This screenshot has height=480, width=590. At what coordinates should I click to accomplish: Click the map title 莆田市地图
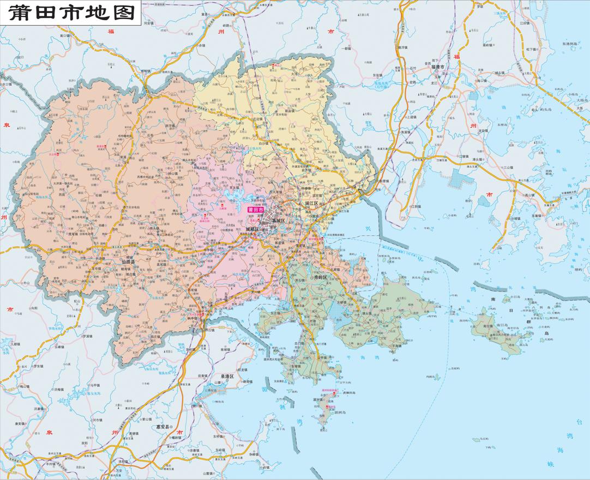(x=71, y=11)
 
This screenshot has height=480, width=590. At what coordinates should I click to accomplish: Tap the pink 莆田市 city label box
(x=255, y=209)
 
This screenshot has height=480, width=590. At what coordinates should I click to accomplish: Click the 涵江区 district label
(x=311, y=203)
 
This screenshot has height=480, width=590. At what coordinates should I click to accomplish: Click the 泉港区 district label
(x=227, y=376)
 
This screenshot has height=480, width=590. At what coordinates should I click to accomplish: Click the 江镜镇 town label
(x=463, y=156)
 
